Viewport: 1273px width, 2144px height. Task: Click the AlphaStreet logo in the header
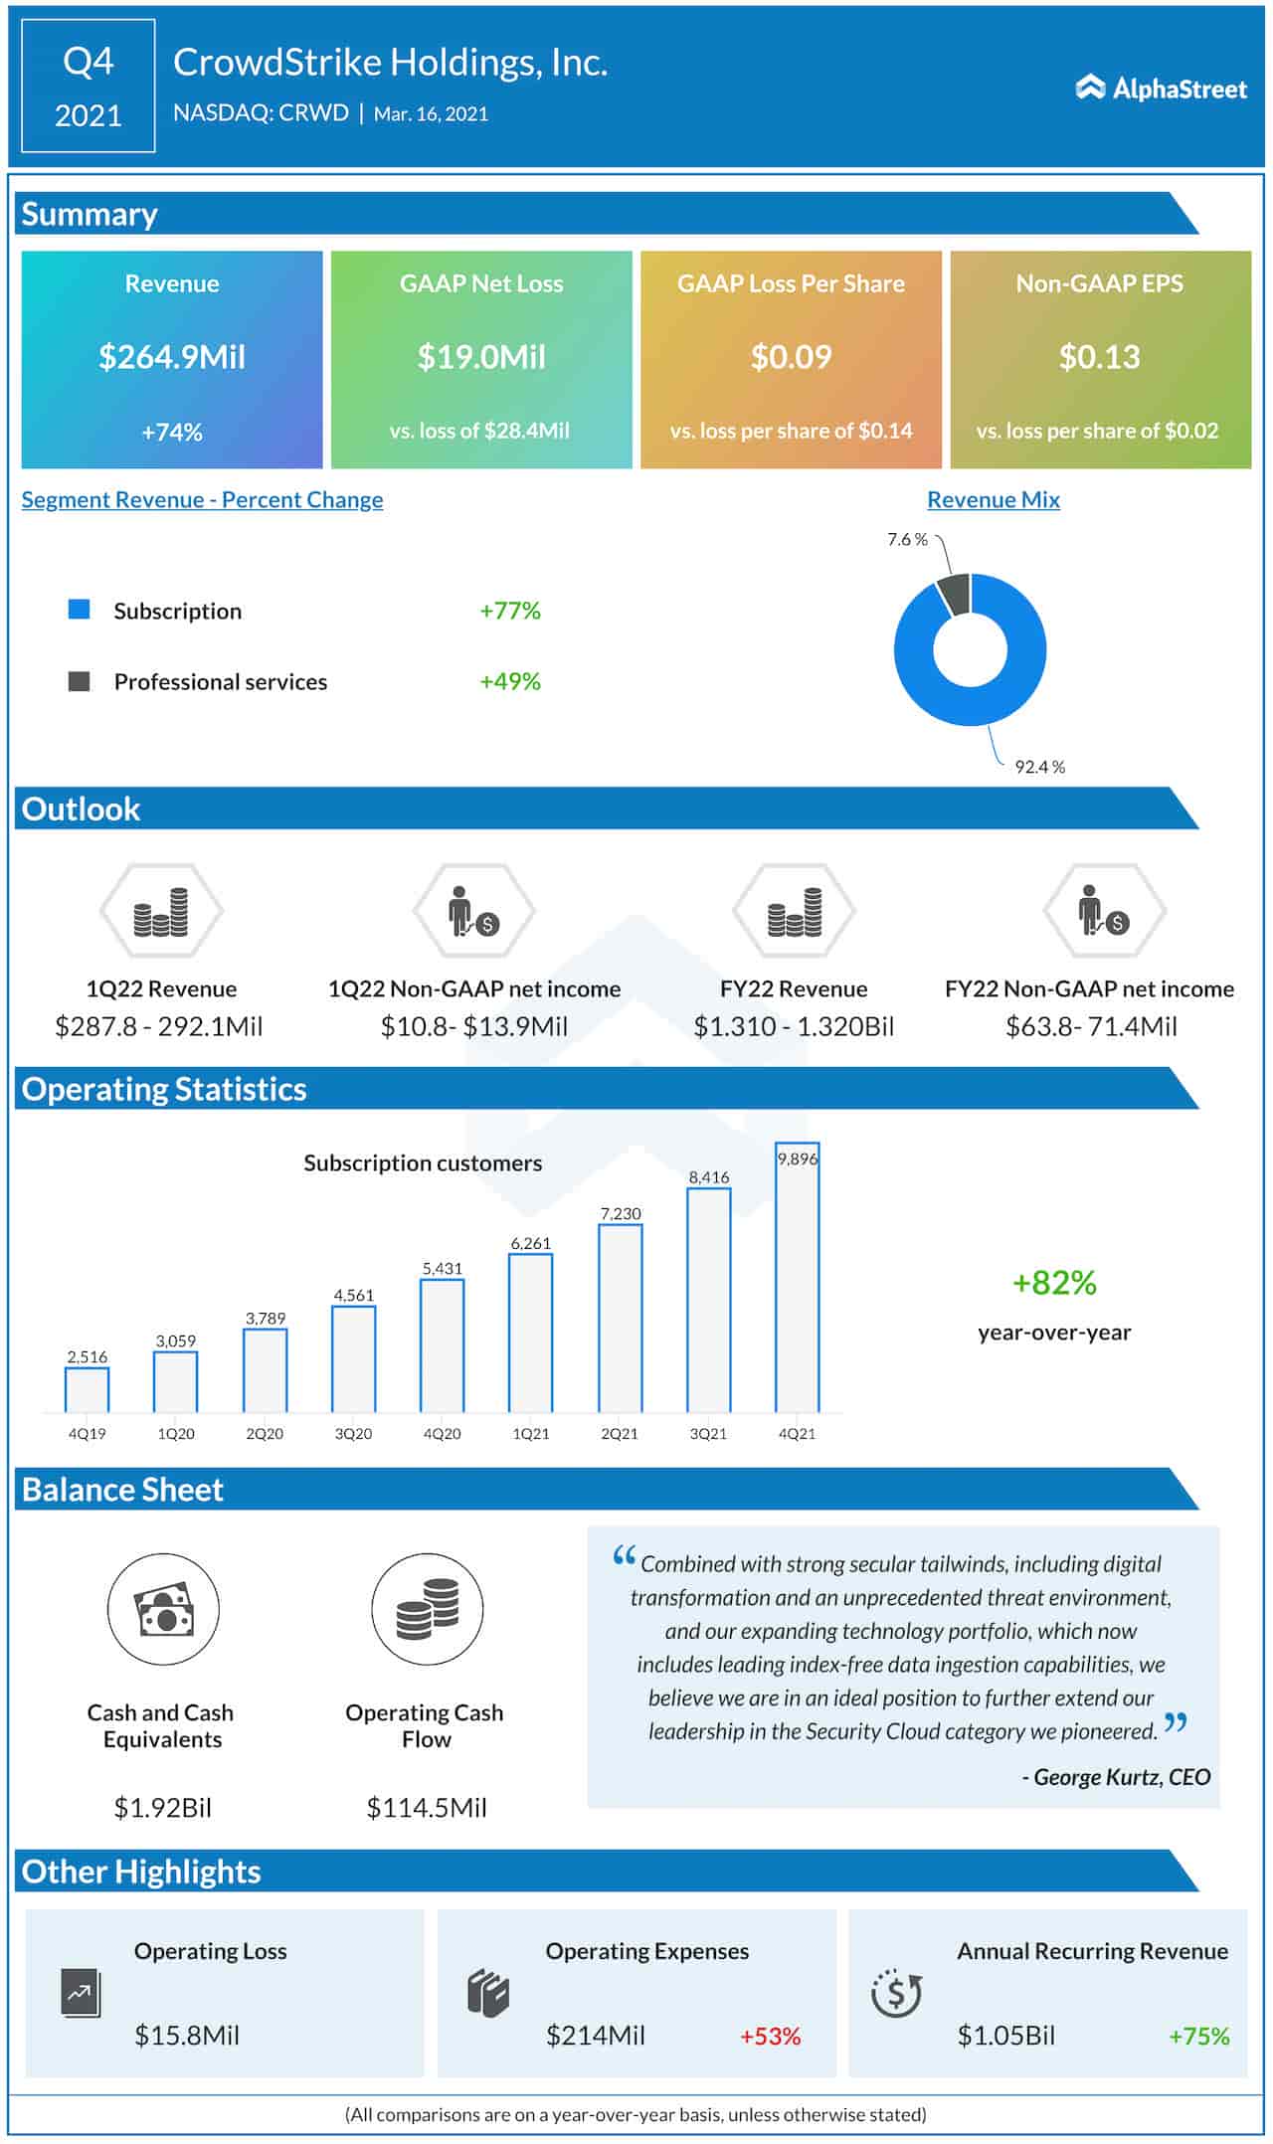point(1161,89)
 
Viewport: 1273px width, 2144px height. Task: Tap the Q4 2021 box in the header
point(89,87)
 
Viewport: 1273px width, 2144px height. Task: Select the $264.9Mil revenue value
point(172,357)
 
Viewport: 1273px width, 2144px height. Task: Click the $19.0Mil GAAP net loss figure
point(481,357)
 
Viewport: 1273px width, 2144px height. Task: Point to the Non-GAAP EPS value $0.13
point(1099,357)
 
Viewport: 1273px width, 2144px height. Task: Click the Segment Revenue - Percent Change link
point(202,500)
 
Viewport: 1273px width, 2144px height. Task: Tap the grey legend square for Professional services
point(79,681)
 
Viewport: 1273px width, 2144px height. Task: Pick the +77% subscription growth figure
point(509,611)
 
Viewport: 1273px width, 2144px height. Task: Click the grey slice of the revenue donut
point(955,595)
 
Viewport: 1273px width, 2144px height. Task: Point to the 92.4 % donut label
point(1039,767)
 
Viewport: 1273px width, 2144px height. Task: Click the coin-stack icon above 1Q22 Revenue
point(161,911)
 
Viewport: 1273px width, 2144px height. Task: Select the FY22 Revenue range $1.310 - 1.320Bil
point(794,1026)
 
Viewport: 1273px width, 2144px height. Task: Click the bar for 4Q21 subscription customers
point(797,1283)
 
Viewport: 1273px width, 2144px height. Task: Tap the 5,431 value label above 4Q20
point(442,1268)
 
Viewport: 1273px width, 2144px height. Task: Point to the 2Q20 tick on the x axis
point(265,1434)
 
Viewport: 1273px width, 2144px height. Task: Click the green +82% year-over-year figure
point(1054,1283)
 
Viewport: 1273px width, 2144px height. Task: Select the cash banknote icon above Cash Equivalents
point(163,1610)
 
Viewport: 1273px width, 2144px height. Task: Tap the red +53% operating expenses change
point(770,2036)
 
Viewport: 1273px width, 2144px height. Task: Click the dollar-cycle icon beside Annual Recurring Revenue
point(896,1993)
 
